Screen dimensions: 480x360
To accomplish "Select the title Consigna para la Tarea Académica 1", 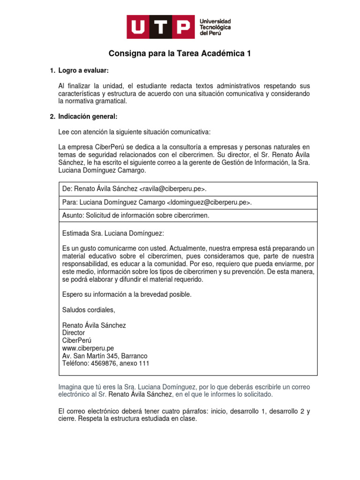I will pyautogui.click(x=180, y=54).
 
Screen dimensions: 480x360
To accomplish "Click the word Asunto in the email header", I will pyautogui.click(x=73, y=215).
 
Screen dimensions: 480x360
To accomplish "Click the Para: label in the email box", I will pyautogui.click(x=69, y=202).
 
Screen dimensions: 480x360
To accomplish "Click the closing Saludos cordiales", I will pyautogui.click(x=88, y=310).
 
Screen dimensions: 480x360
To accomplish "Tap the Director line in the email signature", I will pyautogui.click(x=74, y=333).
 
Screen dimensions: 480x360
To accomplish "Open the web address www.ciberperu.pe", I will pyautogui.click(x=88, y=348).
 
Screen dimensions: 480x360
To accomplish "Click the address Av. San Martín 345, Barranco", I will pyautogui.click(x=105, y=356).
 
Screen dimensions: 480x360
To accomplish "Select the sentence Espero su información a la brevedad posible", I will pyautogui.click(x=127, y=294).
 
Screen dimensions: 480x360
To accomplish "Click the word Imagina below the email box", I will pyautogui.click(x=71, y=387).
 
